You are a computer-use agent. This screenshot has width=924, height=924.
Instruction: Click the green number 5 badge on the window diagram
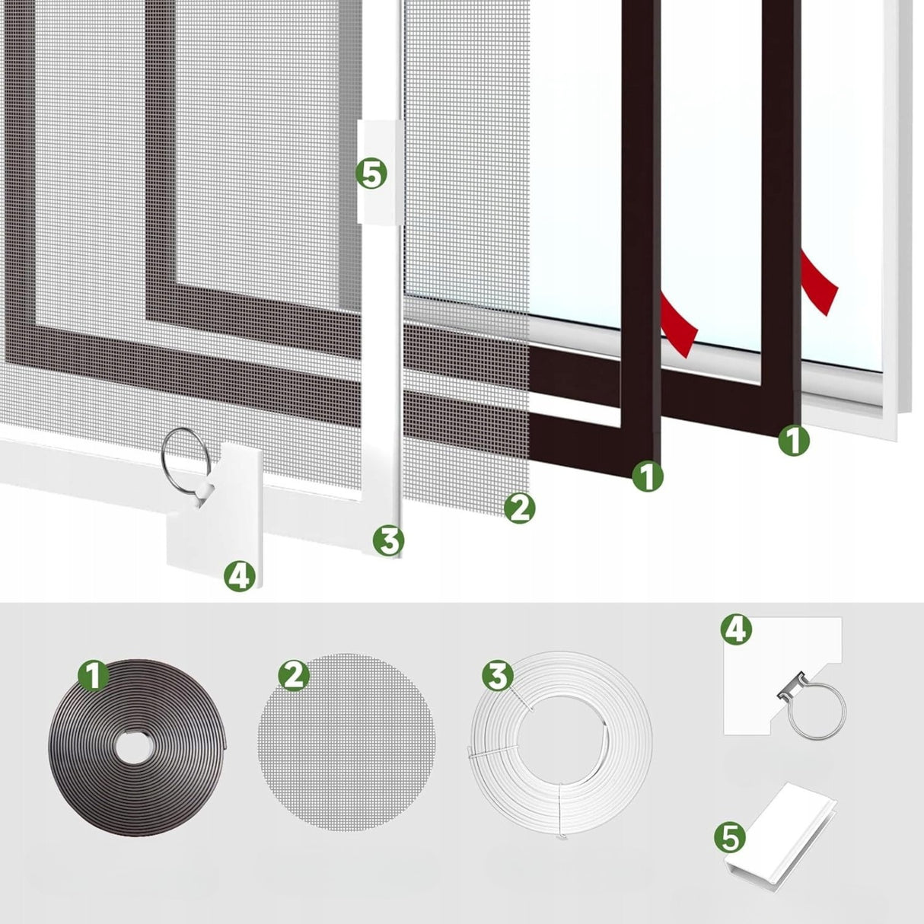point(371,174)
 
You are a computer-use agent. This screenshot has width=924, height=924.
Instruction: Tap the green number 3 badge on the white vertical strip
point(389,540)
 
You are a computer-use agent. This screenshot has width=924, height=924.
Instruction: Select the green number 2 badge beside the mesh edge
point(519,508)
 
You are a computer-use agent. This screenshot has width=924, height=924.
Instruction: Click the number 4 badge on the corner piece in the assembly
point(240,575)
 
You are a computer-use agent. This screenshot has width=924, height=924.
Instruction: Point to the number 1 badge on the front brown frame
point(647,476)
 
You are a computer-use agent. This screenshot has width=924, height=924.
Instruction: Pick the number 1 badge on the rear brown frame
point(794,440)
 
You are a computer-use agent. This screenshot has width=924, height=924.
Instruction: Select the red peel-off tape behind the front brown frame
point(678,325)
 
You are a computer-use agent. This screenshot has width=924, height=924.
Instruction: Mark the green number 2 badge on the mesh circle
point(294,676)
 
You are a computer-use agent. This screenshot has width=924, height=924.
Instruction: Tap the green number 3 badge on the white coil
point(498,676)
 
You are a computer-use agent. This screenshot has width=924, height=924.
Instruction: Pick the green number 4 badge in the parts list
point(736,630)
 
